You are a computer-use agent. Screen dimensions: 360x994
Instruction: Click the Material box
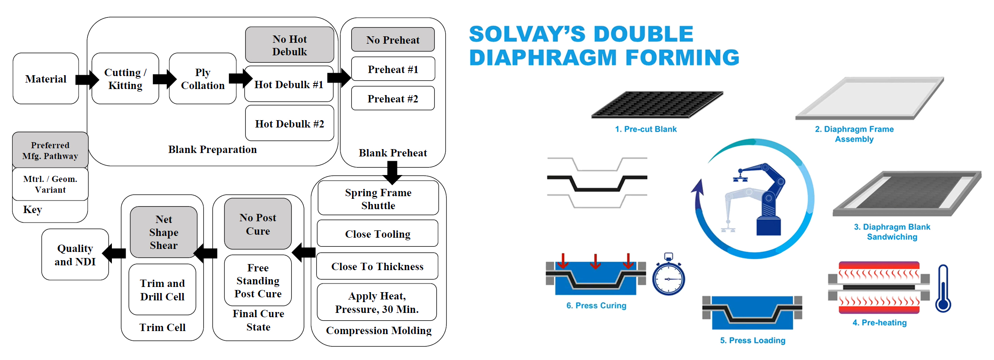point(46,79)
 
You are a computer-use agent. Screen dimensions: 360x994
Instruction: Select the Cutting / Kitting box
point(125,79)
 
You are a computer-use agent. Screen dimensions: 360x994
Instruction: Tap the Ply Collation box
point(203,79)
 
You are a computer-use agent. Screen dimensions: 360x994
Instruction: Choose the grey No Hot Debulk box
point(289,45)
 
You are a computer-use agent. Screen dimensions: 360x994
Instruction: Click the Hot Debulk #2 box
point(289,124)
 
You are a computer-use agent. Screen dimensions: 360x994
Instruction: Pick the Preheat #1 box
point(393,69)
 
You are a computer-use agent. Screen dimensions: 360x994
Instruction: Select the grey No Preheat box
point(393,40)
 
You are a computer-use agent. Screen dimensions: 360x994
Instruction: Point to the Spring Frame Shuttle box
point(378,198)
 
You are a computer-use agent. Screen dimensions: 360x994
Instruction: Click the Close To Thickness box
point(377,266)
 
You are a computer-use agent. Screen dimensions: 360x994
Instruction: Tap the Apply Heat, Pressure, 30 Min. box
point(377,302)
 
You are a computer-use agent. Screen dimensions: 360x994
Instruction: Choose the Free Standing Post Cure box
point(258,280)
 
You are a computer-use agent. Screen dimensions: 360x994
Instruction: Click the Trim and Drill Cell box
point(162,290)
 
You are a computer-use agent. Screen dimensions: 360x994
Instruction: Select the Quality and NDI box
point(75,255)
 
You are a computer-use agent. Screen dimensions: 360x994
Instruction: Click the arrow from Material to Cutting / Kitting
point(87,80)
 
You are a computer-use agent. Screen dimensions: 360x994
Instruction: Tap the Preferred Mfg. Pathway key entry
point(50,150)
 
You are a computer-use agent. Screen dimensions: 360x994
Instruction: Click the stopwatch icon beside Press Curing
point(668,277)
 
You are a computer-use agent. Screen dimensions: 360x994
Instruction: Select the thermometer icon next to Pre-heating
point(943,289)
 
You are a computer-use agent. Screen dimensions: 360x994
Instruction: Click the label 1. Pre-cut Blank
point(646,129)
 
